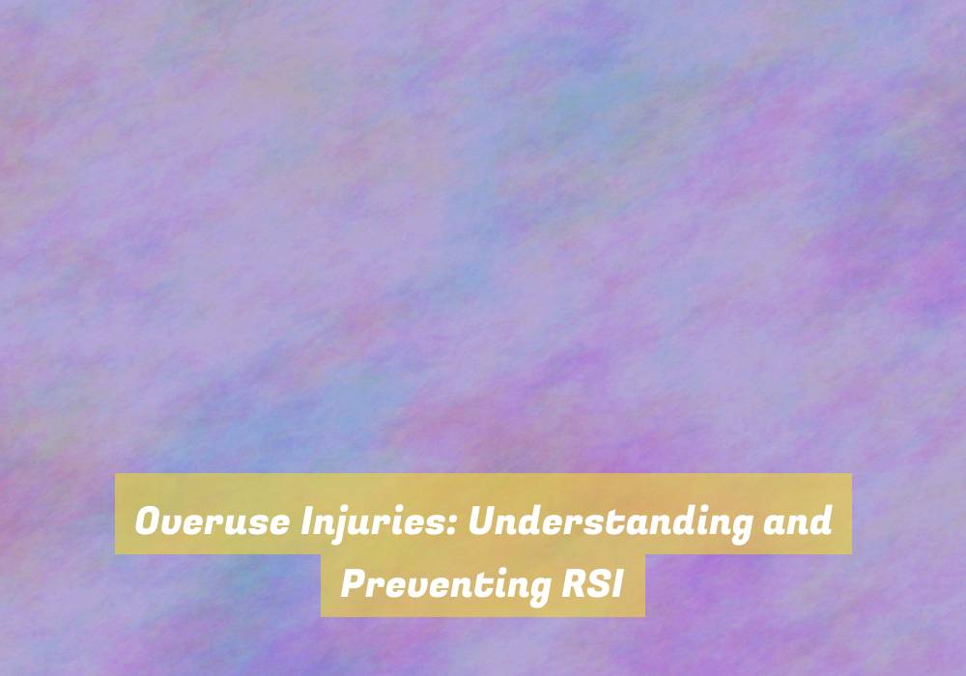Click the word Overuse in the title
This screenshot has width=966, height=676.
pyautogui.click(x=213, y=521)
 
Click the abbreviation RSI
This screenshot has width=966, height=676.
pyautogui.click(x=592, y=583)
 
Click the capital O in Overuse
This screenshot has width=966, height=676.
pyautogui.click(x=149, y=521)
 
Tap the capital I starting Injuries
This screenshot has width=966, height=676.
pyautogui.click(x=307, y=521)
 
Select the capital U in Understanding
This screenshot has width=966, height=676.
pyautogui.click(x=483, y=521)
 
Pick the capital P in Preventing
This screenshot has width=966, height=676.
pyautogui.click(x=355, y=583)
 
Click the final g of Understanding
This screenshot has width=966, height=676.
pyautogui.click(x=740, y=528)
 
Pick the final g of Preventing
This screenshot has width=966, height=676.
pyautogui.click(x=537, y=591)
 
